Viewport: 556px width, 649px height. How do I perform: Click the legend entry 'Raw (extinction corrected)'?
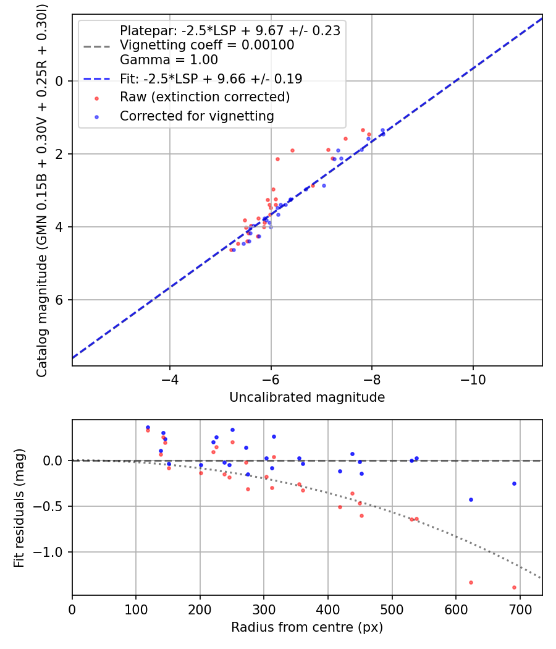pyautogui.click(x=204, y=97)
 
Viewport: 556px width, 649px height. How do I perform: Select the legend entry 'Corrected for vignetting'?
pyautogui.click(x=196, y=116)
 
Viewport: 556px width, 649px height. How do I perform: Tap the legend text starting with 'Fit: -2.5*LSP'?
pyautogui.click(x=211, y=78)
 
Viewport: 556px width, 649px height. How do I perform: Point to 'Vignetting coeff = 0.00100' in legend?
pyautogui.click(x=207, y=45)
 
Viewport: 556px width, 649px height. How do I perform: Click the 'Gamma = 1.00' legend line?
pyautogui.click(x=169, y=60)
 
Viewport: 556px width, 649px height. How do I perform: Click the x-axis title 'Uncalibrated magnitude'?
pyautogui.click(x=307, y=397)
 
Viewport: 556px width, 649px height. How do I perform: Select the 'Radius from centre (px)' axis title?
pyautogui.click(x=307, y=627)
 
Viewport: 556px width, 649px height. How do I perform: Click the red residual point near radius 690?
pyautogui.click(x=514, y=587)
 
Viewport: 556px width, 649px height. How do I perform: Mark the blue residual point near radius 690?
pyautogui.click(x=514, y=483)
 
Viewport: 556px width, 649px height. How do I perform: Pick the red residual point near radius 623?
pyautogui.click(x=471, y=582)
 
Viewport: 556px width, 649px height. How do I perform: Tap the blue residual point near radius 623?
pyautogui.click(x=471, y=499)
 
